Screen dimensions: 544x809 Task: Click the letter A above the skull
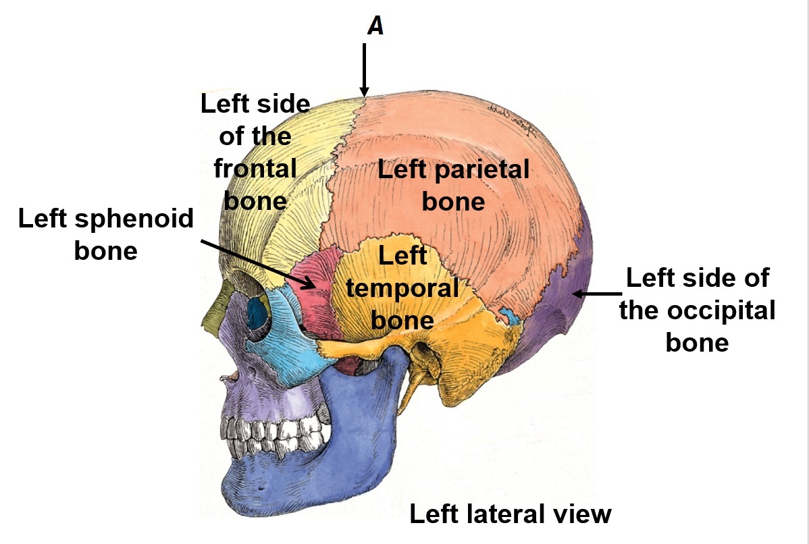(375, 26)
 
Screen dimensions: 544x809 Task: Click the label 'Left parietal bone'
(453, 185)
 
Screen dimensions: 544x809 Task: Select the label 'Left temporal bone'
(402, 288)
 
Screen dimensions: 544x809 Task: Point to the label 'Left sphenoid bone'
(106, 234)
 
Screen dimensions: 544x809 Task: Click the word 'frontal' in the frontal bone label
(255, 168)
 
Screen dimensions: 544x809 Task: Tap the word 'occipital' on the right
(698, 310)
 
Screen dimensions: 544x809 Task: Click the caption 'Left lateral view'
(511, 514)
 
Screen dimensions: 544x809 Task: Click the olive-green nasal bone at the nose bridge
(215, 317)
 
